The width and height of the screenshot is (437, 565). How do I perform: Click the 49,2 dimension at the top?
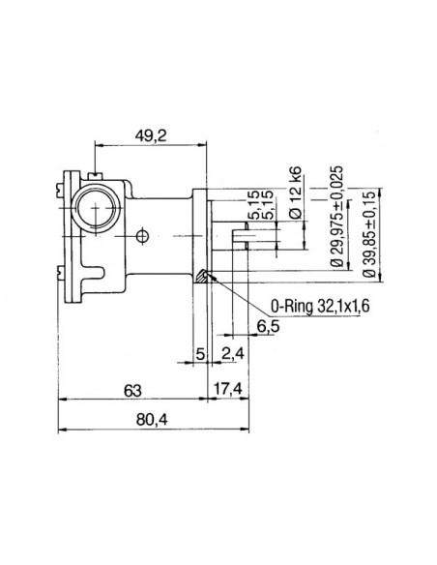click(x=149, y=136)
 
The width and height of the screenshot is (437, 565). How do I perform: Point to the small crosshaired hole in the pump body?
click(x=142, y=235)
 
